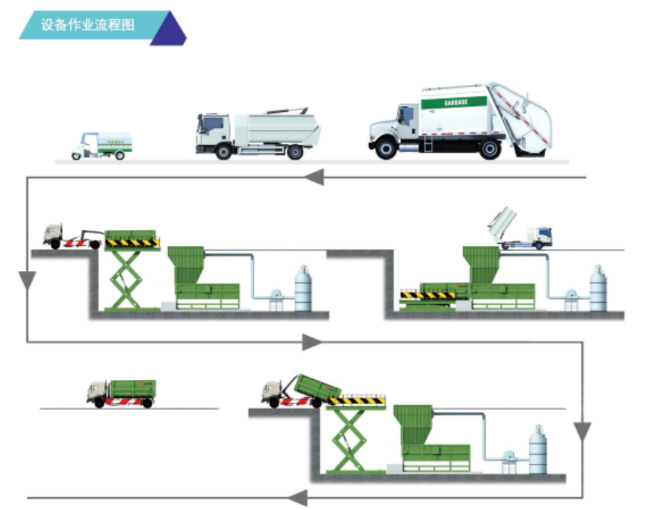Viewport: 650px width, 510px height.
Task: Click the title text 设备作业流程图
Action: point(88,25)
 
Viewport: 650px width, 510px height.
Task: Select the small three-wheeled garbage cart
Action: point(101,145)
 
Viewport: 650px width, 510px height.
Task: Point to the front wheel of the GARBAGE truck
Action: point(387,148)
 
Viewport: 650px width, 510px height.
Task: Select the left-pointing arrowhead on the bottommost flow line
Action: point(297,498)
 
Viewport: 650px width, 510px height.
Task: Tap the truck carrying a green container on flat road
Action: point(120,393)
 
